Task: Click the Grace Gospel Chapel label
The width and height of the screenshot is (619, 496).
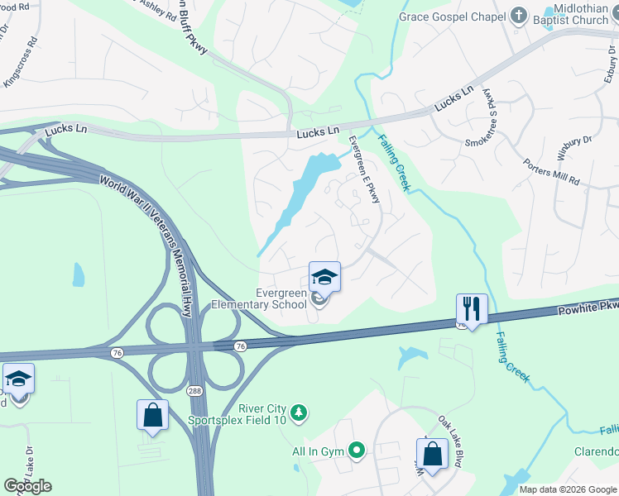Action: [x=450, y=16]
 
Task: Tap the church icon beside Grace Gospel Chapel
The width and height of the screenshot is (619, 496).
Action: [x=519, y=16]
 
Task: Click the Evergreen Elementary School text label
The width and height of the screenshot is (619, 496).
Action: [x=258, y=298]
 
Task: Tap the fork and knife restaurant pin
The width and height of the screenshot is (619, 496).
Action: [x=472, y=309]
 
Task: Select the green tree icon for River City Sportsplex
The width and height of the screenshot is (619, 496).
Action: [x=302, y=412]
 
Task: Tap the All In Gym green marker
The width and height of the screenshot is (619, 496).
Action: [x=357, y=451]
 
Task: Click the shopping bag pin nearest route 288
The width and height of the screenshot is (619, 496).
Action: [x=153, y=415]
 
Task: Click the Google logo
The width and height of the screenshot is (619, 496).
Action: [x=27, y=486]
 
